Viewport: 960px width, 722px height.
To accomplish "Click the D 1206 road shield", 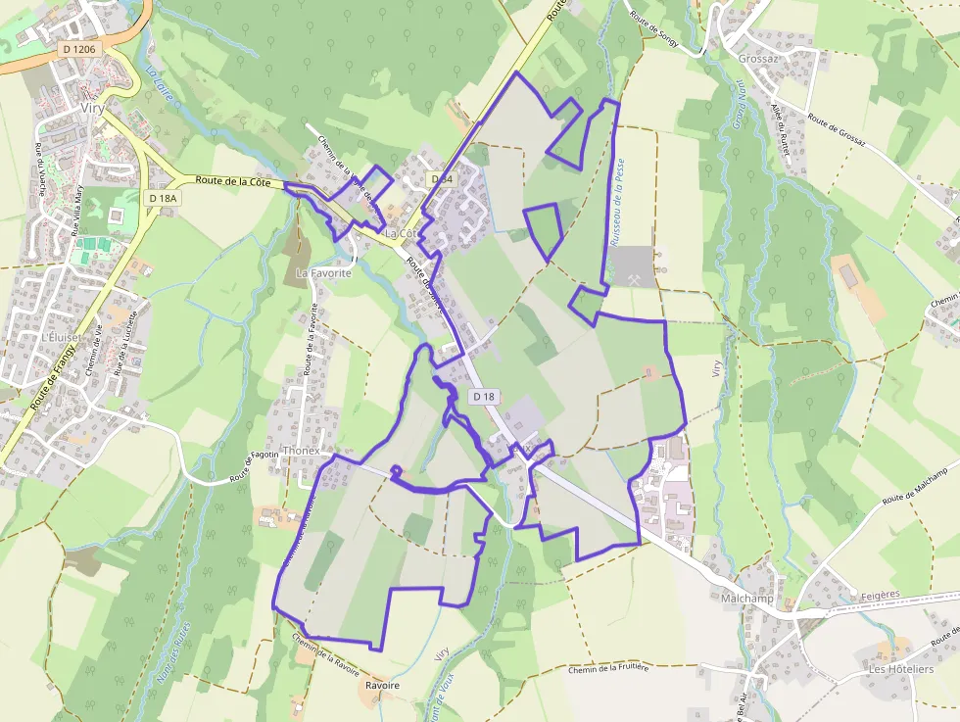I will click(x=77, y=48).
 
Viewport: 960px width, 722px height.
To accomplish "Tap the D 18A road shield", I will click(x=163, y=198).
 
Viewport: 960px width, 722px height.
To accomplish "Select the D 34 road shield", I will click(x=441, y=179).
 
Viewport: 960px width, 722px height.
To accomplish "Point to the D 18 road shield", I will click(x=484, y=397).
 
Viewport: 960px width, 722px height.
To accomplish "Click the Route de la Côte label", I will click(x=233, y=181).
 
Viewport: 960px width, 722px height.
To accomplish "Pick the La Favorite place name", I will click(x=323, y=273).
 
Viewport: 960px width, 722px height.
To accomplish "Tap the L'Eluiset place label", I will click(x=61, y=335).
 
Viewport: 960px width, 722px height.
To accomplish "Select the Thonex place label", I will click(x=300, y=451).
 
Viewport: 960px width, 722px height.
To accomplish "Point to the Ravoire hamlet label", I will click(x=382, y=686).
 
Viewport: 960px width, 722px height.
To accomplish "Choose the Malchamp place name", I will click(x=746, y=598).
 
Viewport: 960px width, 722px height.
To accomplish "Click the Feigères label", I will click(x=880, y=595).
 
